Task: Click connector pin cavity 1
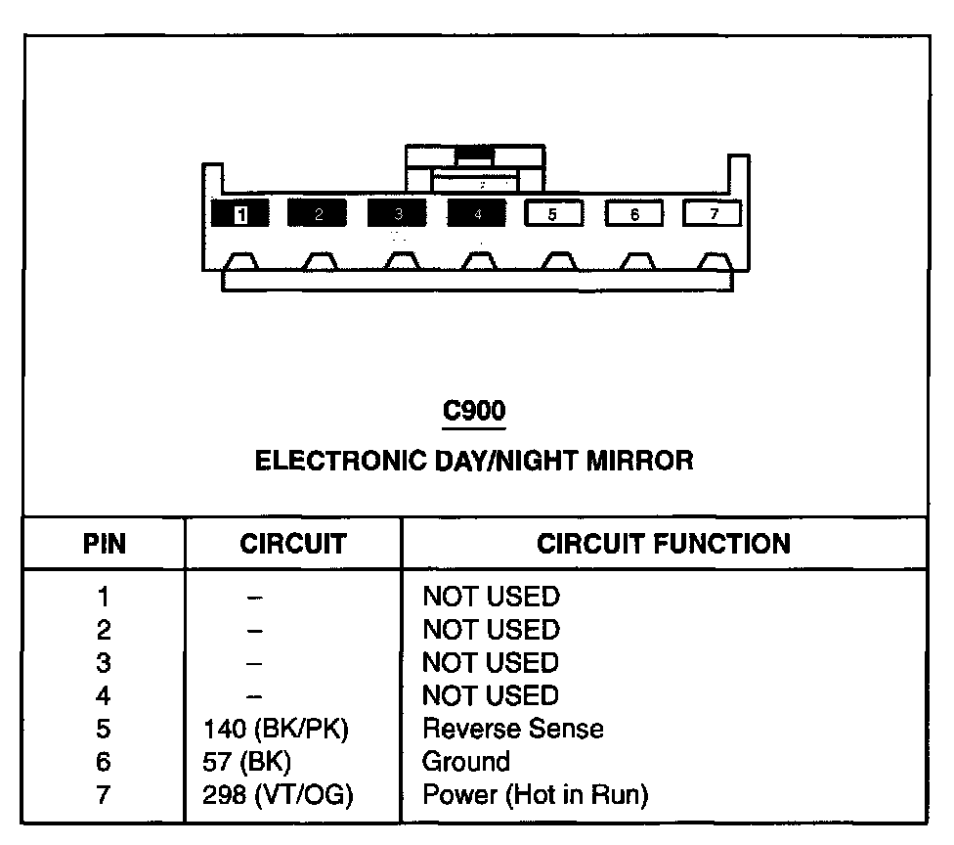point(239,214)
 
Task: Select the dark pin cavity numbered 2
point(318,214)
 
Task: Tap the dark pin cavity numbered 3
point(397,214)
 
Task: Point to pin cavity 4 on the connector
point(476,214)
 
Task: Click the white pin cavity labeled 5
point(553,214)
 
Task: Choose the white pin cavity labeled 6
point(633,214)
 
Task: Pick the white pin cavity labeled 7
point(712,214)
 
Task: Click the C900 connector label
point(474,412)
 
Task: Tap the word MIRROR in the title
point(639,461)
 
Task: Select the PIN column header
point(104,545)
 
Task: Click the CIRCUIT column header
point(293,545)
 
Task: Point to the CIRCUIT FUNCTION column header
point(664,545)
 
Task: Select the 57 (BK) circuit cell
point(246,762)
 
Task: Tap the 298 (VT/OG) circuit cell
point(278,795)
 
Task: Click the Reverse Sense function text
point(512,730)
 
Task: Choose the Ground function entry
point(465,762)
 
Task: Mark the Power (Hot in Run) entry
point(535,795)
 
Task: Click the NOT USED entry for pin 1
point(490,597)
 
